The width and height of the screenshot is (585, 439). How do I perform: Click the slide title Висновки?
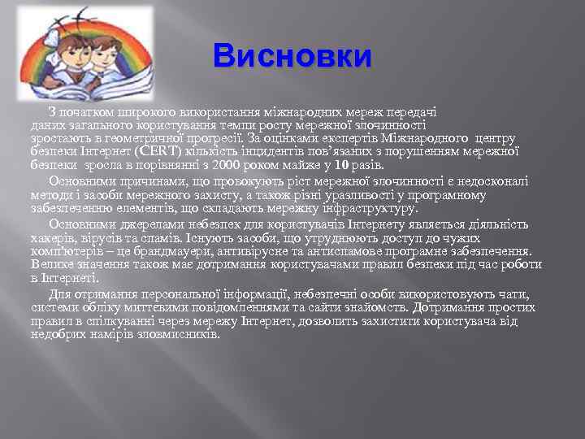[292, 56]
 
